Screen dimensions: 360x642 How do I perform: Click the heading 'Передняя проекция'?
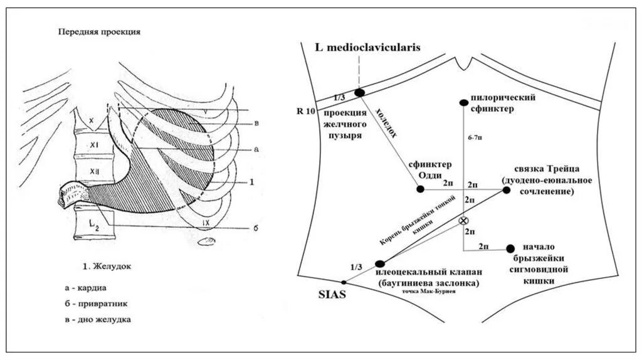tap(98, 31)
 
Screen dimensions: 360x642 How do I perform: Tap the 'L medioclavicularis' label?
tap(369, 47)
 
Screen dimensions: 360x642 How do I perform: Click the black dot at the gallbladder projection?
tap(360, 93)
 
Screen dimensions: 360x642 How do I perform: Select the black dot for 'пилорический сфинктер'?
tap(463, 102)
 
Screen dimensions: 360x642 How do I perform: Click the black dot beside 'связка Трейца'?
tap(507, 189)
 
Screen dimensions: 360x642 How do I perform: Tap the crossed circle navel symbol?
tap(463, 221)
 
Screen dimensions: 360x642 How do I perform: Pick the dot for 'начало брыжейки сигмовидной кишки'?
tap(510, 248)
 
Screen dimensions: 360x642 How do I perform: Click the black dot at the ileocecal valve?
tap(378, 264)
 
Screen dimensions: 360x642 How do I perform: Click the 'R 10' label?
tap(304, 111)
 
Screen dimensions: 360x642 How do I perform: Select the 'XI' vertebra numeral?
tap(95, 144)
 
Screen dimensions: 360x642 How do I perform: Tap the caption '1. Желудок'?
tap(107, 267)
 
